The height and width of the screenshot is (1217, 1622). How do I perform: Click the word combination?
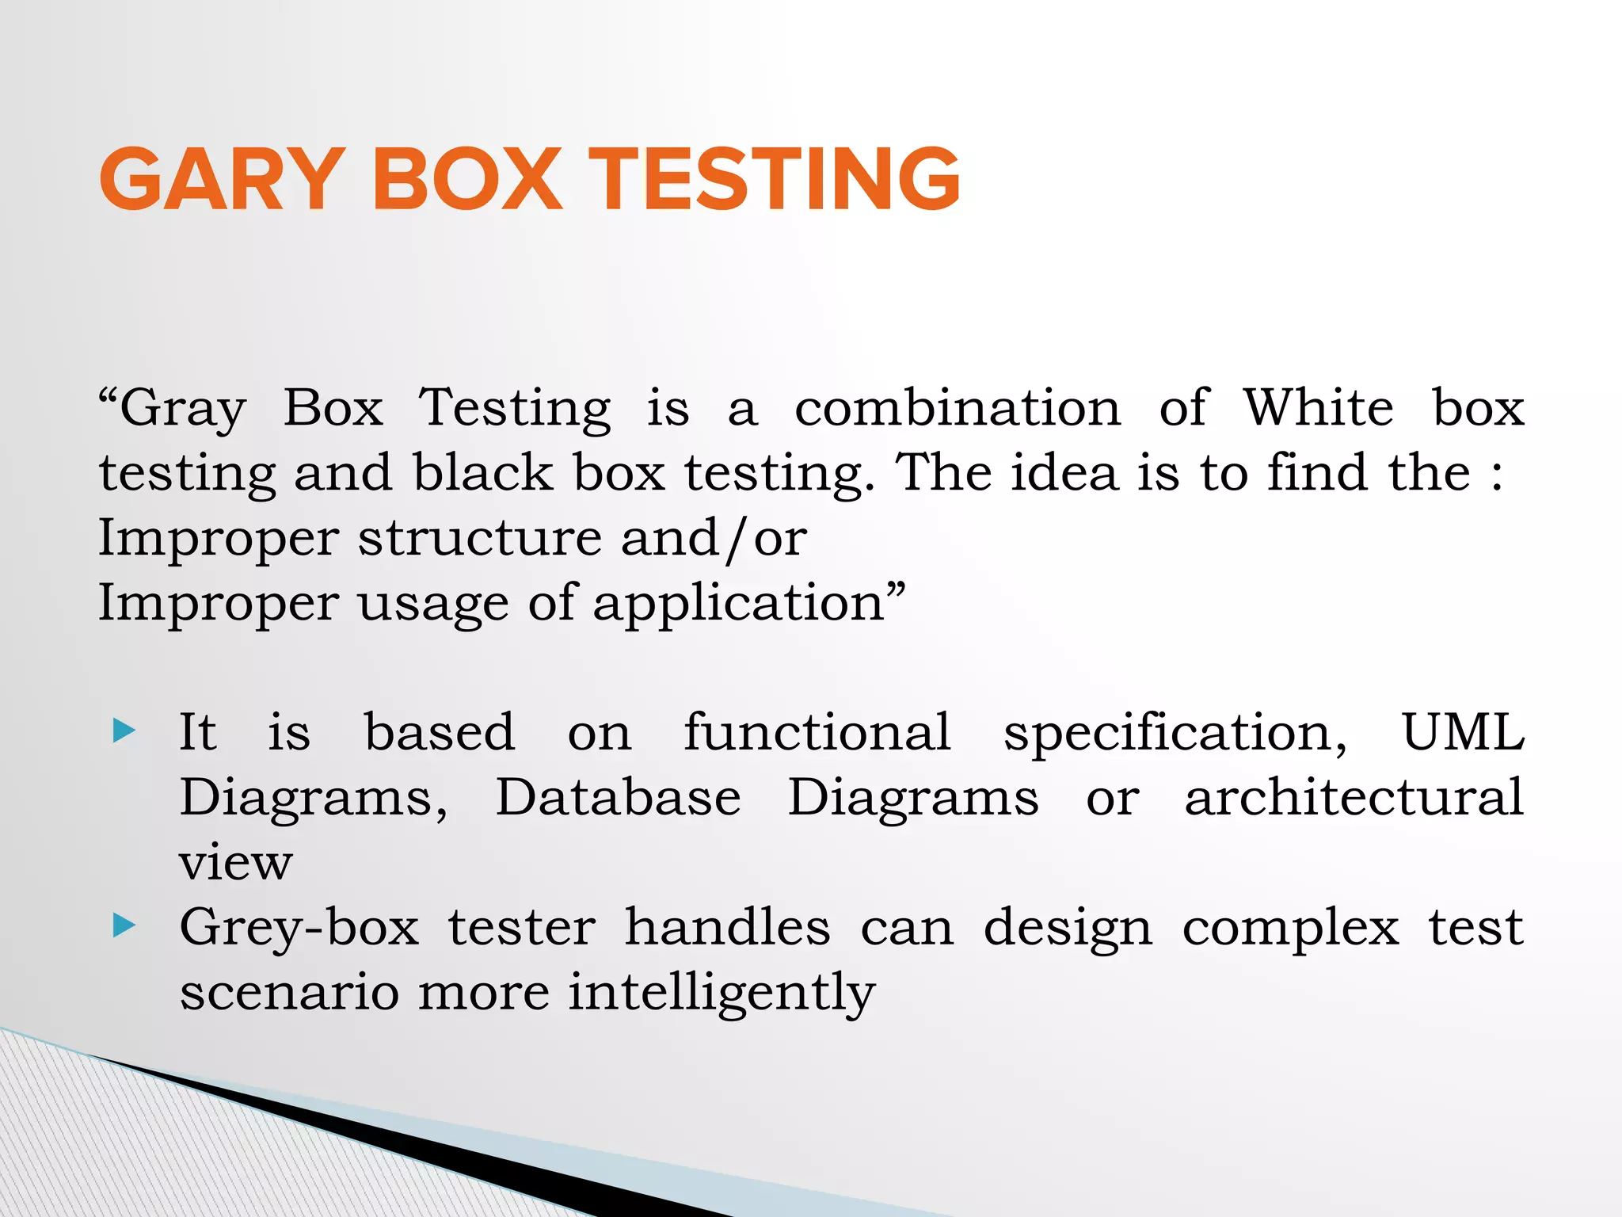click(958, 408)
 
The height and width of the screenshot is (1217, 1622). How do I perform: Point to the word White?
click(1318, 408)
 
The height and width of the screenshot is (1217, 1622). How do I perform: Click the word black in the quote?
click(483, 473)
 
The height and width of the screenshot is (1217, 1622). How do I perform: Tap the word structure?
click(480, 538)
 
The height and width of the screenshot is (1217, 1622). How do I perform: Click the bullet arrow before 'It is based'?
click(125, 731)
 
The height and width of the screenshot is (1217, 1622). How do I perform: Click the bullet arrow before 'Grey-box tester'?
click(125, 925)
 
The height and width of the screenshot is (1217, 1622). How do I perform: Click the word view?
click(236, 863)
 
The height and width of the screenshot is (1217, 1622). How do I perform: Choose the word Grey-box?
click(299, 927)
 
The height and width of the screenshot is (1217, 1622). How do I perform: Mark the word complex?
click(1290, 929)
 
